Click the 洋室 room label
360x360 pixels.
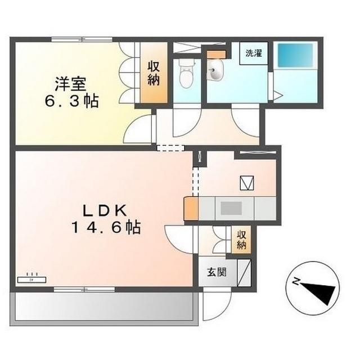(x=70, y=84)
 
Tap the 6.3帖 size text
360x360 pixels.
(x=71, y=101)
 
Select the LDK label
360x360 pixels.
(x=105, y=210)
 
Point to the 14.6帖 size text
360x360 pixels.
(x=106, y=227)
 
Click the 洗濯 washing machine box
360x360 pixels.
(x=254, y=53)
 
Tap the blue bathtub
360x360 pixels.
(x=295, y=55)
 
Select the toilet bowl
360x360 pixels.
(x=186, y=74)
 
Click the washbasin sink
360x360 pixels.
(x=215, y=70)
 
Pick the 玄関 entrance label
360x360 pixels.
(x=217, y=272)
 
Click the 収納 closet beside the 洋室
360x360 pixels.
(x=154, y=73)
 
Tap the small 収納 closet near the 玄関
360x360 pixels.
(x=241, y=240)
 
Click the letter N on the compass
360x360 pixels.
(x=296, y=281)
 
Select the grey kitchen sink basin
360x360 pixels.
(x=231, y=209)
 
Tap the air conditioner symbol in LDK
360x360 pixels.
(x=31, y=279)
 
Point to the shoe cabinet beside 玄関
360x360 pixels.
(x=244, y=273)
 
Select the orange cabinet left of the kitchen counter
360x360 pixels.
(x=191, y=209)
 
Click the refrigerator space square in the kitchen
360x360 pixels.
(x=247, y=183)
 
